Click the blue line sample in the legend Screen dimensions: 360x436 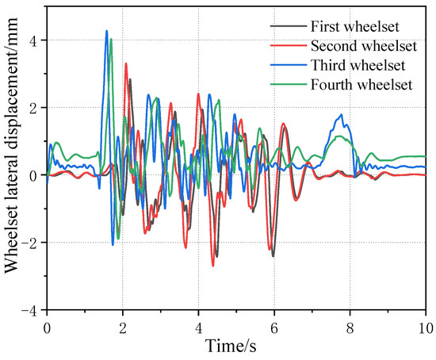[285, 64]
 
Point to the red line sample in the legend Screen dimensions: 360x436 [285, 45]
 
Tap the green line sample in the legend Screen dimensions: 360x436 [285, 83]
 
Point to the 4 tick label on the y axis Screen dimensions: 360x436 [33, 40]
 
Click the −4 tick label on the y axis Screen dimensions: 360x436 [29, 310]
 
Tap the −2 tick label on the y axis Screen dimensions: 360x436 [29, 243]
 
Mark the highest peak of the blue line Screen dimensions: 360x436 [106, 31]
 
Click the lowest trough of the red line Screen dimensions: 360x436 [212, 265]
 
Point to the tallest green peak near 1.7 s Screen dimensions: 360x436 [111, 39]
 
